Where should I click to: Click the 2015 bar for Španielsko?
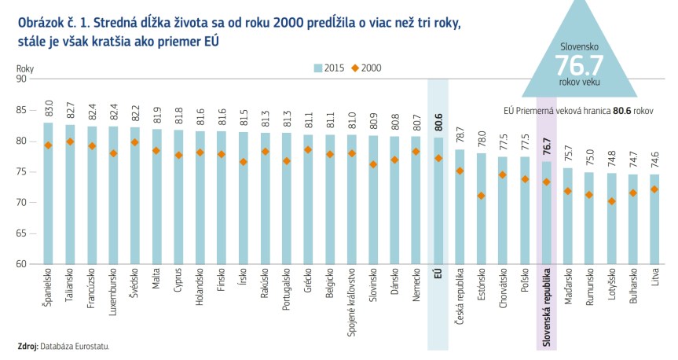(x=48, y=197)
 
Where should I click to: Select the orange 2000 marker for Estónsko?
(x=481, y=196)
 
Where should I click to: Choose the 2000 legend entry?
(x=366, y=68)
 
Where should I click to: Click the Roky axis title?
(x=25, y=68)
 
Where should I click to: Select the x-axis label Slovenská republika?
(x=546, y=307)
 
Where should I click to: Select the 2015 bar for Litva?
(x=654, y=220)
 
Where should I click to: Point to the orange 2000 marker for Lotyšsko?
(x=611, y=201)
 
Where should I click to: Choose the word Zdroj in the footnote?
(x=27, y=346)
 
